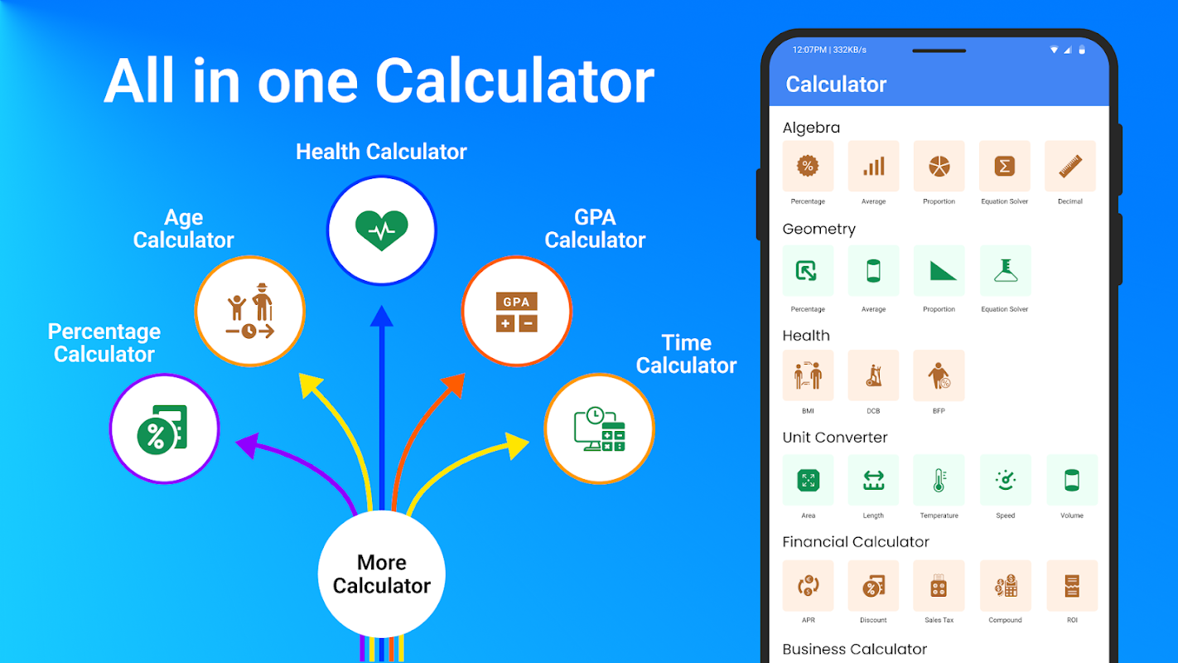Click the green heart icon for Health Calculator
[381, 230]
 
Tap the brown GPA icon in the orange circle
[516, 312]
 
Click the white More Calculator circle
[382, 574]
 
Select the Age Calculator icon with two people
[250, 311]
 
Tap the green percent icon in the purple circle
[162, 429]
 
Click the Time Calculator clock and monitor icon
[600, 428]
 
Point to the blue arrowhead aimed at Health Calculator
[382, 316]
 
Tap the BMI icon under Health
[808, 375]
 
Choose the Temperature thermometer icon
[939, 480]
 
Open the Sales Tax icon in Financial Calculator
[939, 586]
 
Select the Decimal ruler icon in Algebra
[1070, 166]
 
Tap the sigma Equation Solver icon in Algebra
[1005, 166]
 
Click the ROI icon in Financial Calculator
[1072, 586]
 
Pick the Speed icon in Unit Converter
[1006, 480]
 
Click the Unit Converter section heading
[834, 438]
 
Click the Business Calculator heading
[855, 649]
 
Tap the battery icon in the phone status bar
[1082, 50]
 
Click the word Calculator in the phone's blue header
[836, 85]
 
